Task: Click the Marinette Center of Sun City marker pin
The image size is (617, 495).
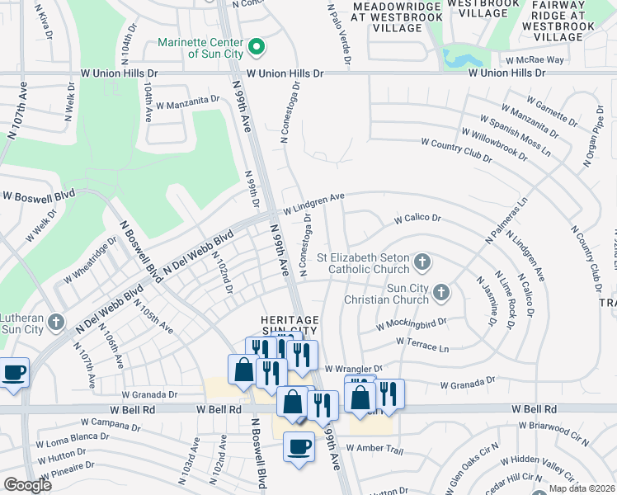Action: (256, 46)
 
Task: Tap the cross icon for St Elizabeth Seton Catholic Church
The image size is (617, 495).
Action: (422, 262)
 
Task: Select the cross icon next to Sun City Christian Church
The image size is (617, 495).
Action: (442, 292)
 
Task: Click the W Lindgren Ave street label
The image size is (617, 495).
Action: (313, 201)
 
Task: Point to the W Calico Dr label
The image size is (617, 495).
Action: (417, 219)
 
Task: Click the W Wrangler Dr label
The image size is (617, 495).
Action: (354, 369)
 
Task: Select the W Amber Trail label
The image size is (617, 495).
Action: (374, 449)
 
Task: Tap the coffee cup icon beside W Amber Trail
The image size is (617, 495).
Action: (298, 446)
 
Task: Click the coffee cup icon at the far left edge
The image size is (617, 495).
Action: (14, 373)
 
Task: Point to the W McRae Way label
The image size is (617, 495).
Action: (535, 59)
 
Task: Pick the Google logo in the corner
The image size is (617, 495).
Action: (27, 486)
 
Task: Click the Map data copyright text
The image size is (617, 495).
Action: (582, 488)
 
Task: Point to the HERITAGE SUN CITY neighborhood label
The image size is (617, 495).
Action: (289, 325)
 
